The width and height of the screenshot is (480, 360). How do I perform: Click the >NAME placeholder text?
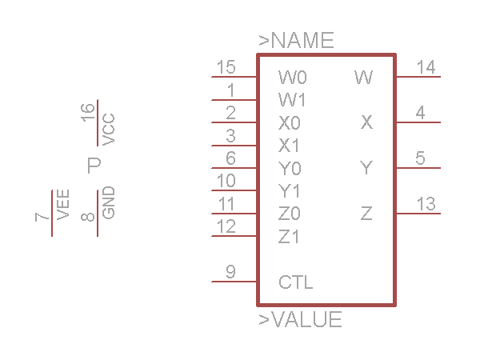click(x=296, y=41)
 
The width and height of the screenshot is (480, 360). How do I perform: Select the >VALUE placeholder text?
click(x=300, y=320)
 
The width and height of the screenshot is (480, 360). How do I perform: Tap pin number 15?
click(x=226, y=67)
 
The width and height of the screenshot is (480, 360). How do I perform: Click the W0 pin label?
click(x=293, y=78)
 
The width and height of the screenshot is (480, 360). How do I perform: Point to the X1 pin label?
click(x=290, y=146)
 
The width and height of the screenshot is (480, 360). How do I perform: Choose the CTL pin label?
click(x=296, y=282)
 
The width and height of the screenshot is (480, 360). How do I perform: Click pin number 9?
click(x=230, y=272)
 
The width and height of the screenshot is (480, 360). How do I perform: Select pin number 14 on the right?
click(x=426, y=67)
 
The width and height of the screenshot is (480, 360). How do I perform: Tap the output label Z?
click(x=366, y=214)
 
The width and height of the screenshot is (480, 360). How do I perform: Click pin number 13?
click(x=426, y=204)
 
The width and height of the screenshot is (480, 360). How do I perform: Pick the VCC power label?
click(x=109, y=129)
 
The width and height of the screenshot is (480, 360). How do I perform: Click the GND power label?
click(x=109, y=202)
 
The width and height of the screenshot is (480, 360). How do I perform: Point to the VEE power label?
click(x=63, y=205)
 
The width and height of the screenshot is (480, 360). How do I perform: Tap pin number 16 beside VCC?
click(x=89, y=111)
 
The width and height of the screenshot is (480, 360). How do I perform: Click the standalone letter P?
click(x=94, y=166)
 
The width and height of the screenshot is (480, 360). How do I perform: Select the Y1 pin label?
click(x=290, y=191)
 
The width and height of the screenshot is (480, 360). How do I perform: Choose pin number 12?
click(x=226, y=226)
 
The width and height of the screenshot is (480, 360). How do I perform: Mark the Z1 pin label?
click(x=290, y=237)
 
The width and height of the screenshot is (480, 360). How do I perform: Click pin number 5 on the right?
click(x=421, y=158)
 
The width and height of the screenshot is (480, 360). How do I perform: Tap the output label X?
click(x=366, y=122)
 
